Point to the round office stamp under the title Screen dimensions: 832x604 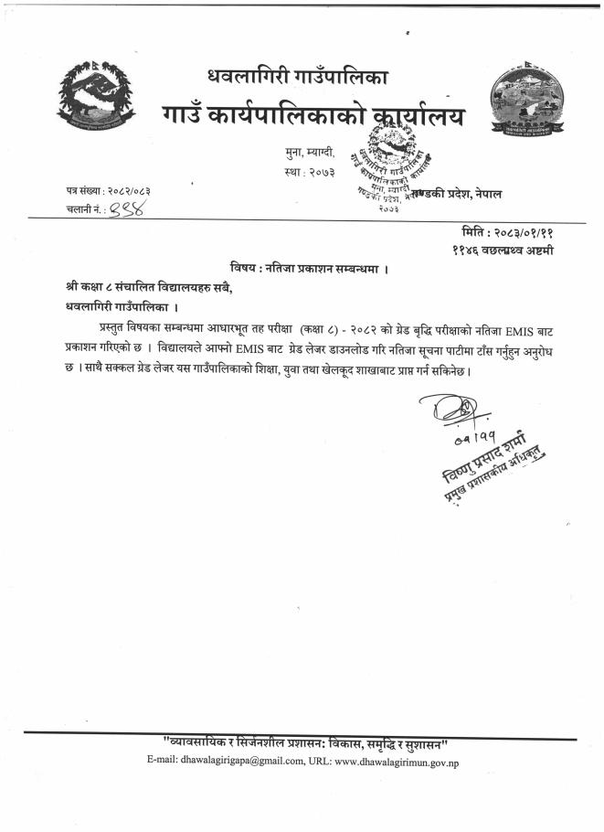pyautogui.click(x=394, y=175)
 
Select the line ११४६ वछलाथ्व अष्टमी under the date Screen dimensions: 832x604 pyautogui.click(x=503, y=250)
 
